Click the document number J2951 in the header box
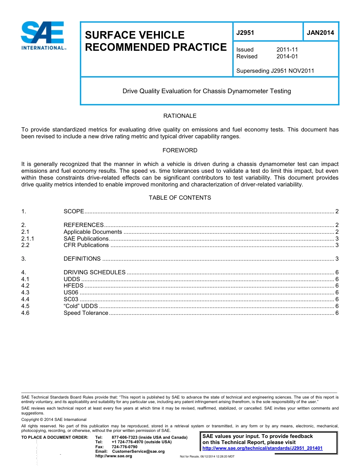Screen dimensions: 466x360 coord(245,33)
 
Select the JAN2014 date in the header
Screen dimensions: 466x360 coord(320,33)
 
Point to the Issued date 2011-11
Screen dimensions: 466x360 coord(287,50)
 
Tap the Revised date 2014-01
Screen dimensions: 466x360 coord(287,56)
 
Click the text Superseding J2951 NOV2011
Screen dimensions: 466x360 coord(275,71)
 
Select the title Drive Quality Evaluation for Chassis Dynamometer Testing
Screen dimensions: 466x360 coord(207,91)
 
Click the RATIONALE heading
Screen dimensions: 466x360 coord(180,116)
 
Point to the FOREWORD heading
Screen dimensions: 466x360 coord(180,150)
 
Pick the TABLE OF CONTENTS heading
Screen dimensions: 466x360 coord(180,198)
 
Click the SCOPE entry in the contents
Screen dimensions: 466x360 coord(74,211)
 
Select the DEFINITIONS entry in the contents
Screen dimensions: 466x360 coord(82,259)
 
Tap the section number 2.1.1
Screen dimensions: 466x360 coord(28,239)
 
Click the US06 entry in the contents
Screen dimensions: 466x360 coord(71,292)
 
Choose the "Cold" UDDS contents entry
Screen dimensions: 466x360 coord(80,306)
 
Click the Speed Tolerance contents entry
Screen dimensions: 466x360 coord(86,313)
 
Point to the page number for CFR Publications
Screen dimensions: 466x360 coord(337,245)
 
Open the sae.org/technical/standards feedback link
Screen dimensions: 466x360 coord(262,448)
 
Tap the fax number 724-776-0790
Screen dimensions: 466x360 coord(124,447)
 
